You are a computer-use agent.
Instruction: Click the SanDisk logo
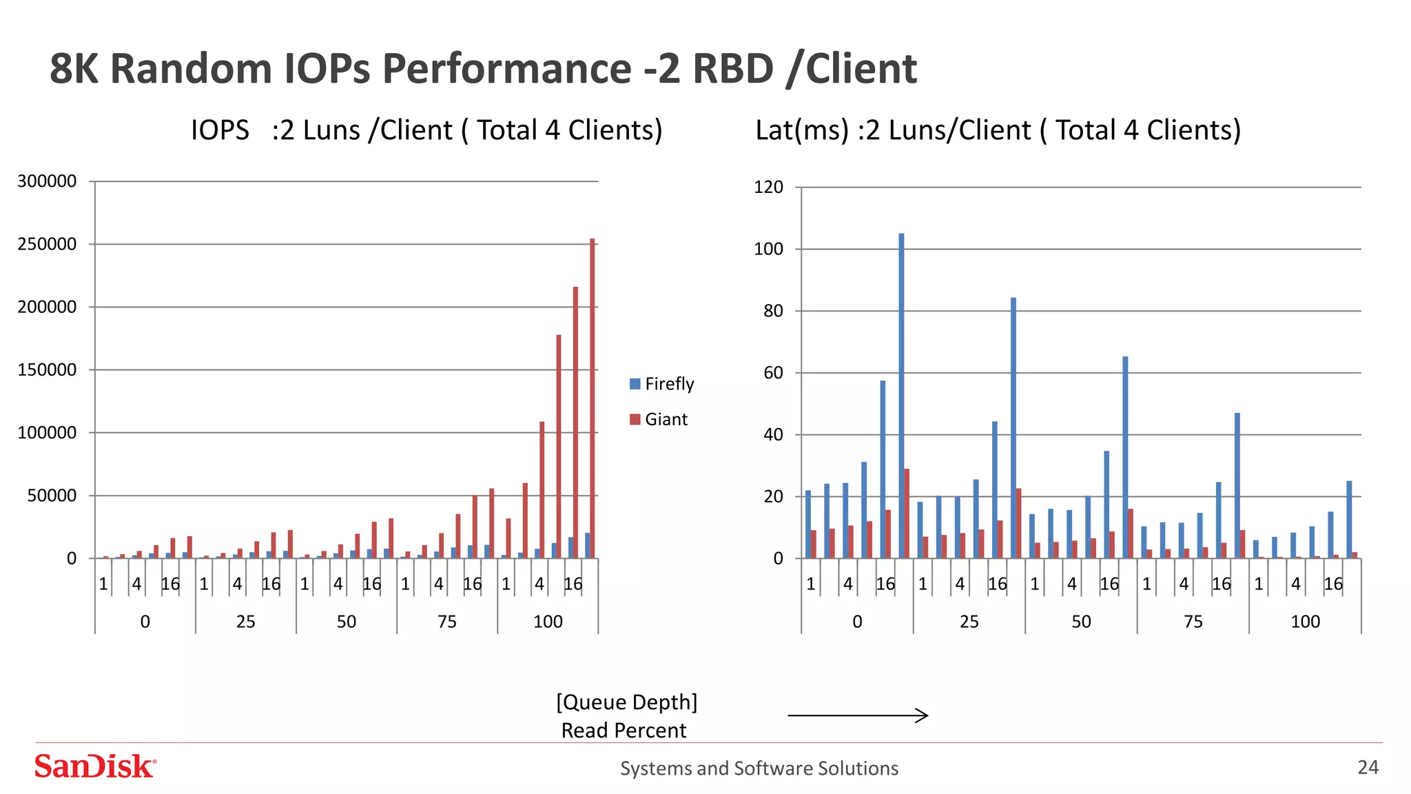coord(95,766)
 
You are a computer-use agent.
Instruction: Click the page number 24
coord(1368,767)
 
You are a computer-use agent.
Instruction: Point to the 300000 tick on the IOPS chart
coord(47,181)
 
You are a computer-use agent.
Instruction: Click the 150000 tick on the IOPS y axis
coord(47,370)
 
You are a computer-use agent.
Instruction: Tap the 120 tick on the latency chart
coord(768,187)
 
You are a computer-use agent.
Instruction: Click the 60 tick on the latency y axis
coord(774,373)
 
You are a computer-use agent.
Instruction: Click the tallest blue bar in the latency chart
coord(901,396)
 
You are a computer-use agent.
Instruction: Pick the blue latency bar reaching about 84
coord(1013,427)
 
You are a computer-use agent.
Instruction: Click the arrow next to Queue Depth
coord(858,715)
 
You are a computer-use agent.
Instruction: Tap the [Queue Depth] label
coord(626,702)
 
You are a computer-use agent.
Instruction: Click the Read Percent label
coord(624,731)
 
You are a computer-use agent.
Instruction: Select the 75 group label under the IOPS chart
coord(447,622)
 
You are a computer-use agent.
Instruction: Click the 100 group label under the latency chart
coord(1305,622)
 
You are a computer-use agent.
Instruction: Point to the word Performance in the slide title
coord(506,69)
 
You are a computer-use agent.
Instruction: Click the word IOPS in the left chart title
coord(220,130)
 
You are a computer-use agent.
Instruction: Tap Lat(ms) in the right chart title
coord(802,130)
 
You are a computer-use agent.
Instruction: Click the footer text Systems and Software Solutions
coord(759,768)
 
